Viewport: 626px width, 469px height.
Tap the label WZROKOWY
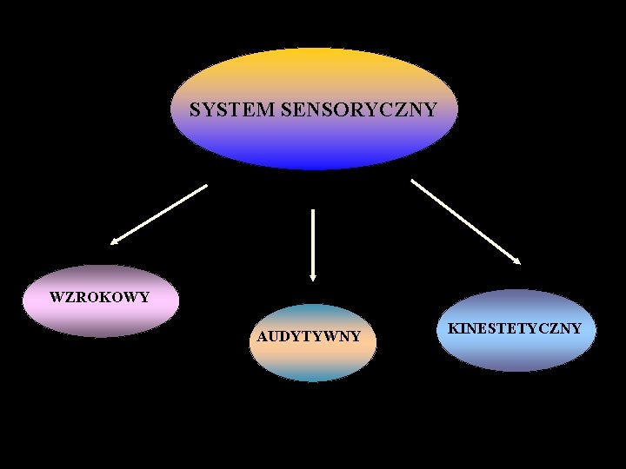pyautogui.click(x=99, y=297)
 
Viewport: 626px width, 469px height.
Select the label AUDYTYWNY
pyautogui.click(x=309, y=336)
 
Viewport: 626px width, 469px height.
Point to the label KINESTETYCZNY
pyautogui.click(x=515, y=328)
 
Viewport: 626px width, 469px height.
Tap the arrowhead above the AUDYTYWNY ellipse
pyautogui.click(x=313, y=276)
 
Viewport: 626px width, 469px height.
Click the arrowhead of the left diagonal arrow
pyautogui.click(x=114, y=242)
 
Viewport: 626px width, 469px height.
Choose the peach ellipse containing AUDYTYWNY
pyautogui.click(x=313, y=356)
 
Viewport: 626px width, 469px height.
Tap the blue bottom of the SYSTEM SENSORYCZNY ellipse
pyautogui.click(x=313, y=161)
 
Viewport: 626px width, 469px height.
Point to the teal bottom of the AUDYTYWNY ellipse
pyautogui.click(x=313, y=374)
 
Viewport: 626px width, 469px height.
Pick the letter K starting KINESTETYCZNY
pyautogui.click(x=453, y=328)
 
